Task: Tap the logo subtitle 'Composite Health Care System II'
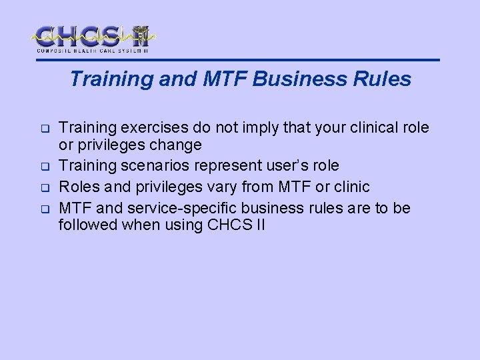[92, 50]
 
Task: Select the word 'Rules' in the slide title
[387, 79]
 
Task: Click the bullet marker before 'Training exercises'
[42, 128]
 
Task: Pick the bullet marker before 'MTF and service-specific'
[42, 208]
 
